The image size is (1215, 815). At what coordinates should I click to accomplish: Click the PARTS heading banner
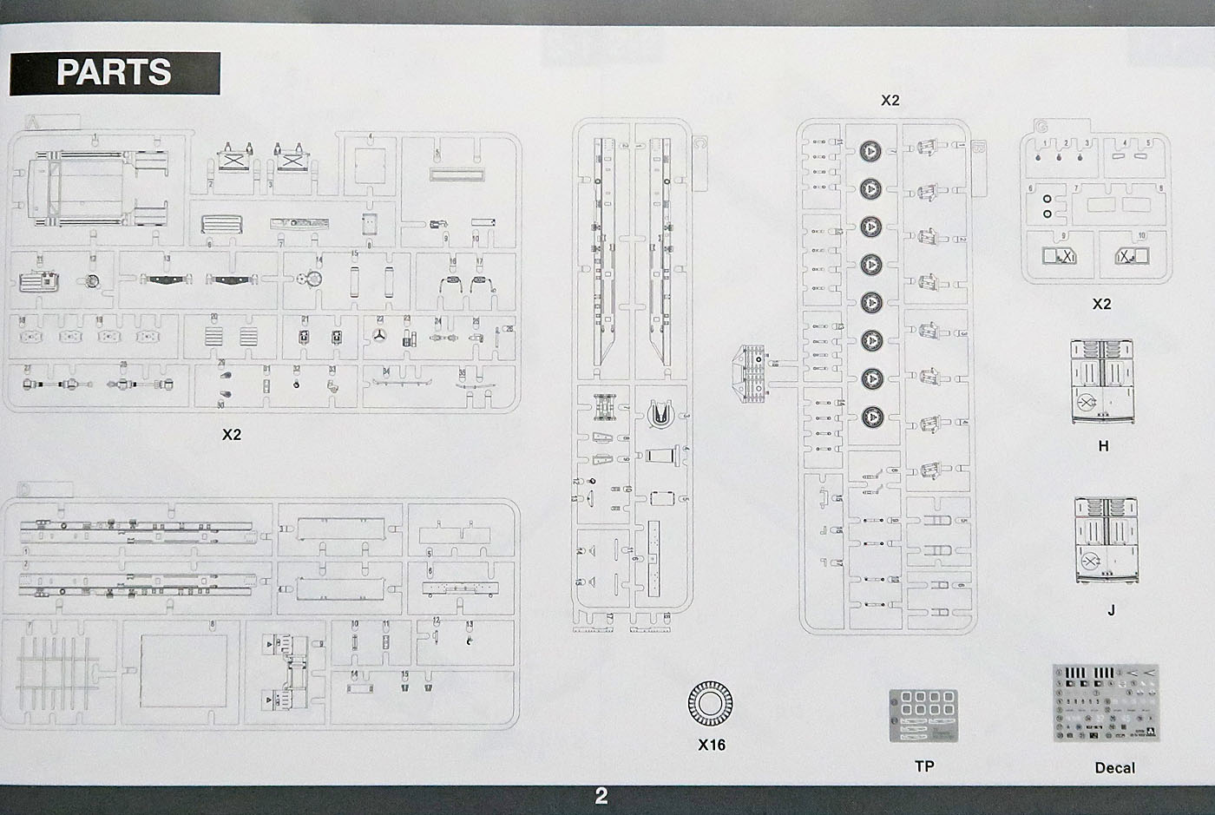pyautogui.click(x=115, y=73)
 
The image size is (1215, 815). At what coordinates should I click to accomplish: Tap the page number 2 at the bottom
pyautogui.click(x=601, y=796)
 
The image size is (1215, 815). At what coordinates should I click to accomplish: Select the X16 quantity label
pyautogui.click(x=712, y=745)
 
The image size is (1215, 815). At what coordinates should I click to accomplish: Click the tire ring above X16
pyautogui.click(x=710, y=703)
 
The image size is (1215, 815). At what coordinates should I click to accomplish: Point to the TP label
pyautogui.click(x=924, y=766)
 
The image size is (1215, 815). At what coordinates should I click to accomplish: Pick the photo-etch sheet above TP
pyautogui.click(x=923, y=716)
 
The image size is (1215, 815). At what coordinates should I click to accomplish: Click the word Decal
pyautogui.click(x=1114, y=767)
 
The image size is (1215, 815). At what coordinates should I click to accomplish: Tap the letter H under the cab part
pyautogui.click(x=1103, y=446)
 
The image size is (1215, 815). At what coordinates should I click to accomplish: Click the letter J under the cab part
pyautogui.click(x=1111, y=610)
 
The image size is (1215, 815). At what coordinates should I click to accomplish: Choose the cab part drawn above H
pyautogui.click(x=1105, y=382)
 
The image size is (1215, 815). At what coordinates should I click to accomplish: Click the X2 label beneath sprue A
pyautogui.click(x=231, y=435)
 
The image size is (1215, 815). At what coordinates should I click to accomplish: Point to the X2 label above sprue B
pyautogui.click(x=890, y=100)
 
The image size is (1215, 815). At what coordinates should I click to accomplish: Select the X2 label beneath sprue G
pyautogui.click(x=1101, y=304)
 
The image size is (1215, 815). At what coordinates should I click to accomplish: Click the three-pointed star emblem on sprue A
pyautogui.click(x=379, y=337)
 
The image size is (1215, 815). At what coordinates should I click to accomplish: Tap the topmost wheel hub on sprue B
pyautogui.click(x=870, y=150)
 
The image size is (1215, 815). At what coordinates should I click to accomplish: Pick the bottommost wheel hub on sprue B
pyautogui.click(x=870, y=415)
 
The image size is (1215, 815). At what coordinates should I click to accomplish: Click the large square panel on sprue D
pyautogui.click(x=183, y=669)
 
